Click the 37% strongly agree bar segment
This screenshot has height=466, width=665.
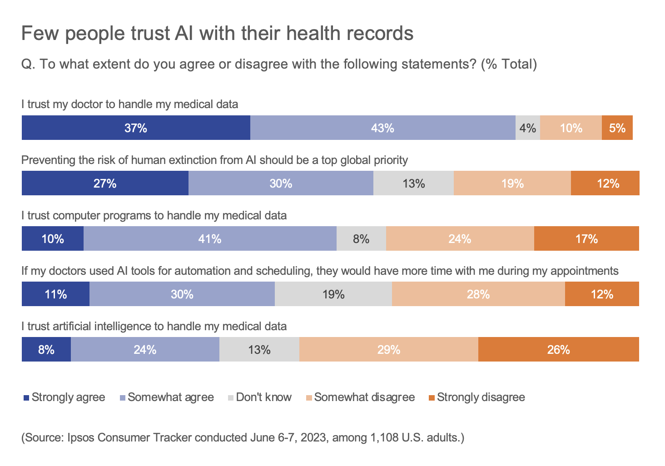click(136, 128)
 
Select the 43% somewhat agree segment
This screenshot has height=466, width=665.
click(382, 128)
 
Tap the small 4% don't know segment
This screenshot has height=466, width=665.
click(527, 128)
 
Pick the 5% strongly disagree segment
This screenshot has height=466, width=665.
click(617, 128)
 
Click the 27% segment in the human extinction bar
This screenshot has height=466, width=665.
click(105, 183)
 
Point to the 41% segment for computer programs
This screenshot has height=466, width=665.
click(209, 239)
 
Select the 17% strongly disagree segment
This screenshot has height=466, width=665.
click(586, 239)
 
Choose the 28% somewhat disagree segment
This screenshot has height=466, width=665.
click(478, 294)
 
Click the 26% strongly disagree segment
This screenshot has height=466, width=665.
click(558, 350)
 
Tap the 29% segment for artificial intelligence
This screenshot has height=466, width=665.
click(388, 350)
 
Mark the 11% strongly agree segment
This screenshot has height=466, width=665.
click(55, 294)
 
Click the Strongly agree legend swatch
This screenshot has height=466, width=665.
click(26, 398)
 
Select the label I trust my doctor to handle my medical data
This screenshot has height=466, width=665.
click(130, 104)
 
